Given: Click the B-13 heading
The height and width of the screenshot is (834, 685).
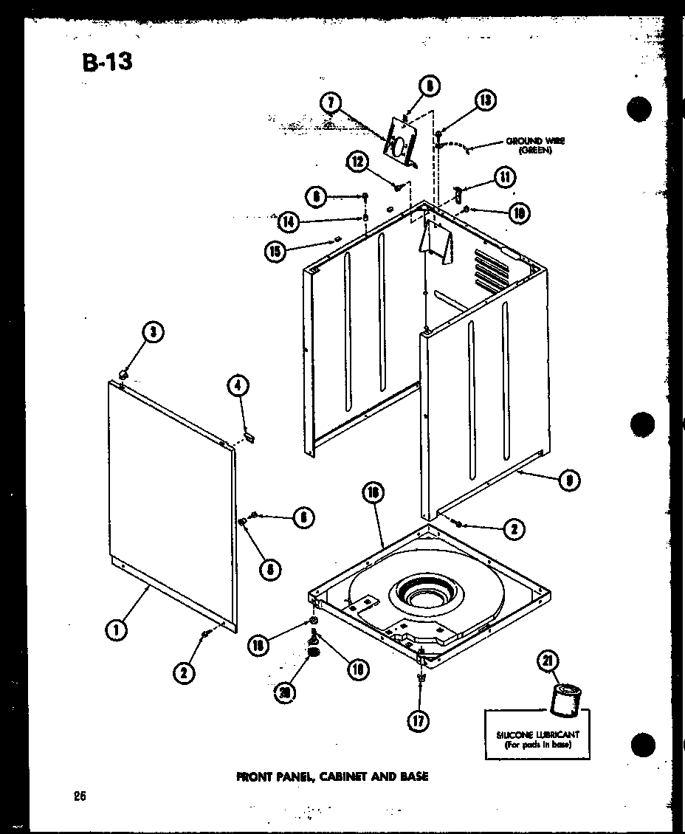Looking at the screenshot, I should pyautogui.click(x=108, y=61).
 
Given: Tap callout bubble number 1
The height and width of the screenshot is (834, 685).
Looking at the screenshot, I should pyautogui.click(x=115, y=630).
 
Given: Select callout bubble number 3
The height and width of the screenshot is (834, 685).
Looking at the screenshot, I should pyautogui.click(x=153, y=332).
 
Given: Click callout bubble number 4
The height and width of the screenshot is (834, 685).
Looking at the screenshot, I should pyautogui.click(x=238, y=385).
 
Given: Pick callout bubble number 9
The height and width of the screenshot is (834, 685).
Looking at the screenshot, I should pyautogui.click(x=568, y=480).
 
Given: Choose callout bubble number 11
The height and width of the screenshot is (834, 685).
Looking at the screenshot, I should pyautogui.click(x=505, y=176).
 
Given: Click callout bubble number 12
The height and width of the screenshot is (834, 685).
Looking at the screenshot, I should pyautogui.click(x=359, y=162).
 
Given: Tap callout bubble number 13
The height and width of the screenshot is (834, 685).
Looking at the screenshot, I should pyautogui.click(x=485, y=100).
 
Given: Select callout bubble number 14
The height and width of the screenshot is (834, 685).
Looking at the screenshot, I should pyautogui.click(x=290, y=220).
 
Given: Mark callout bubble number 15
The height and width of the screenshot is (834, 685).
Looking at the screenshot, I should pyautogui.click(x=275, y=251).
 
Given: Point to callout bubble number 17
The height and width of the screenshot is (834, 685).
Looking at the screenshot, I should pyautogui.click(x=419, y=721).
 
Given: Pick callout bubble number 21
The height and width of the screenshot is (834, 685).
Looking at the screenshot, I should pyautogui.click(x=549, y=662).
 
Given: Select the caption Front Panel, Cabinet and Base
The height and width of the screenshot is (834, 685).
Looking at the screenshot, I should pyautogui.click(x=332, y=776).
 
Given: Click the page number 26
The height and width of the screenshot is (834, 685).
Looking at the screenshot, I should pyautogui.click(x=80, y=796).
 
